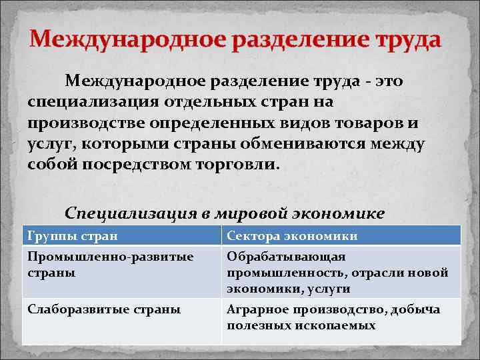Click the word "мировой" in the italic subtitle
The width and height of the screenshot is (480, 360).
tap(249, 213)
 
